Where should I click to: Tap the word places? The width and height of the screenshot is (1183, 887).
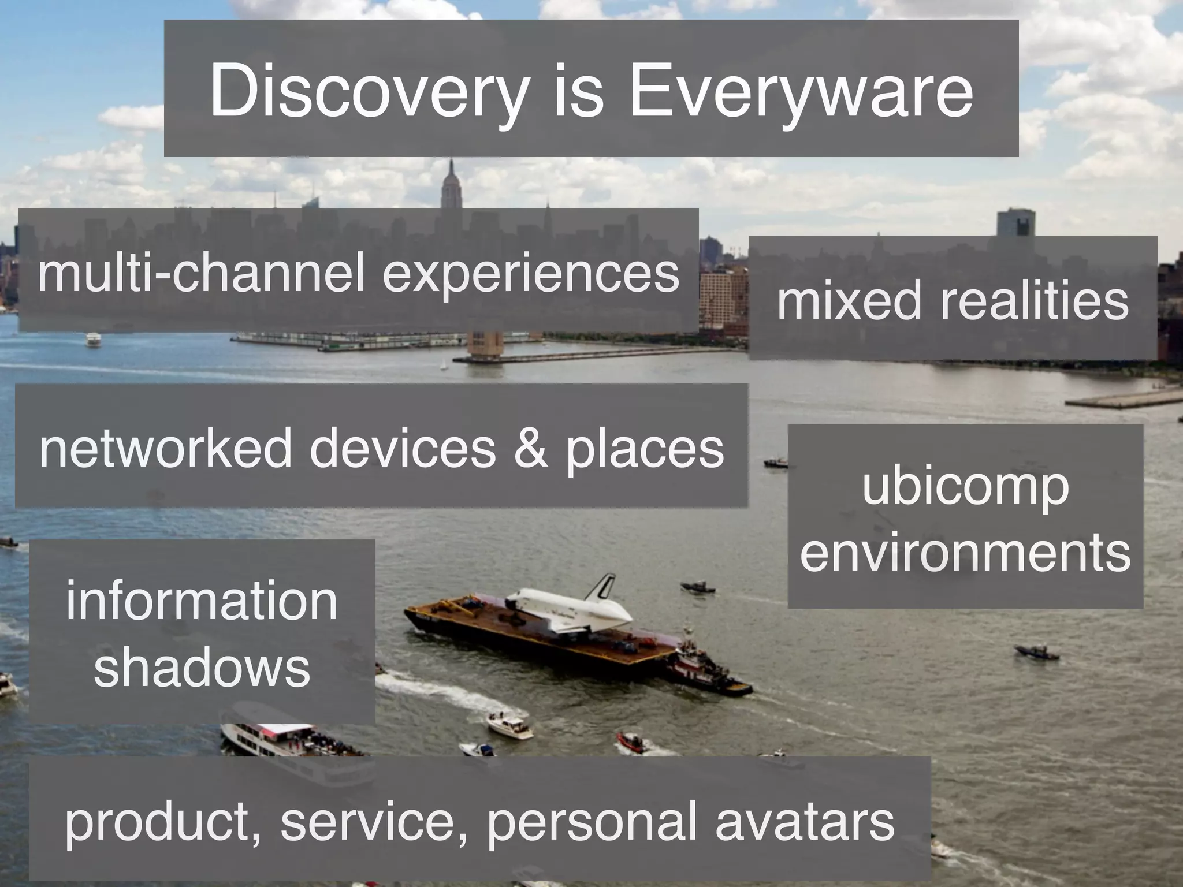point(645,449)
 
